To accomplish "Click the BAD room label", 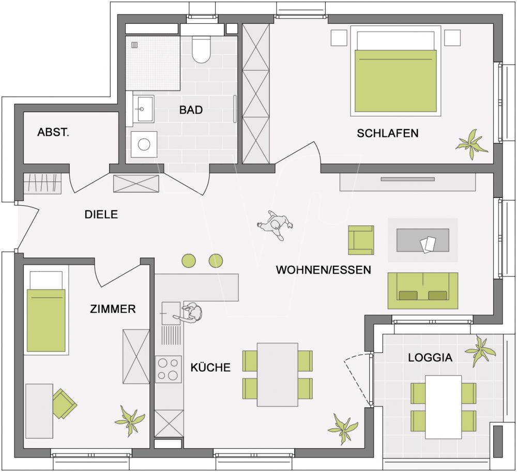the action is click(x=191, y=110).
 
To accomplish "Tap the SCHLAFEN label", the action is click(x=388, y=133).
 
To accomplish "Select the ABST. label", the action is click(x=53, y=132).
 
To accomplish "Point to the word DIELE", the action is click(x=101, y=215).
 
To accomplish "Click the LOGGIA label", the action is click(x=430, y=358).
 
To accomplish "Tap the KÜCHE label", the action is click(x=210, y=367).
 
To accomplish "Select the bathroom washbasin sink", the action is click(x=143, y=109).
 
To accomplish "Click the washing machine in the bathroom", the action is click(x=144, y=144).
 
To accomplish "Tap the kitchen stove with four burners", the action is click(x=169, y=369).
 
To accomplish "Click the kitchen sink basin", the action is click(x=171, y=313).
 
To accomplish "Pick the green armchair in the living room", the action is click(x=361, y=240).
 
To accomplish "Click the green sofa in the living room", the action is click(x=423, y=291).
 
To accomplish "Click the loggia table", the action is click(x=443, y=407).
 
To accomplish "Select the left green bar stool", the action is click(x=189, y=261).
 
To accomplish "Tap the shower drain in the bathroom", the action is click(x=134, y=45).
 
